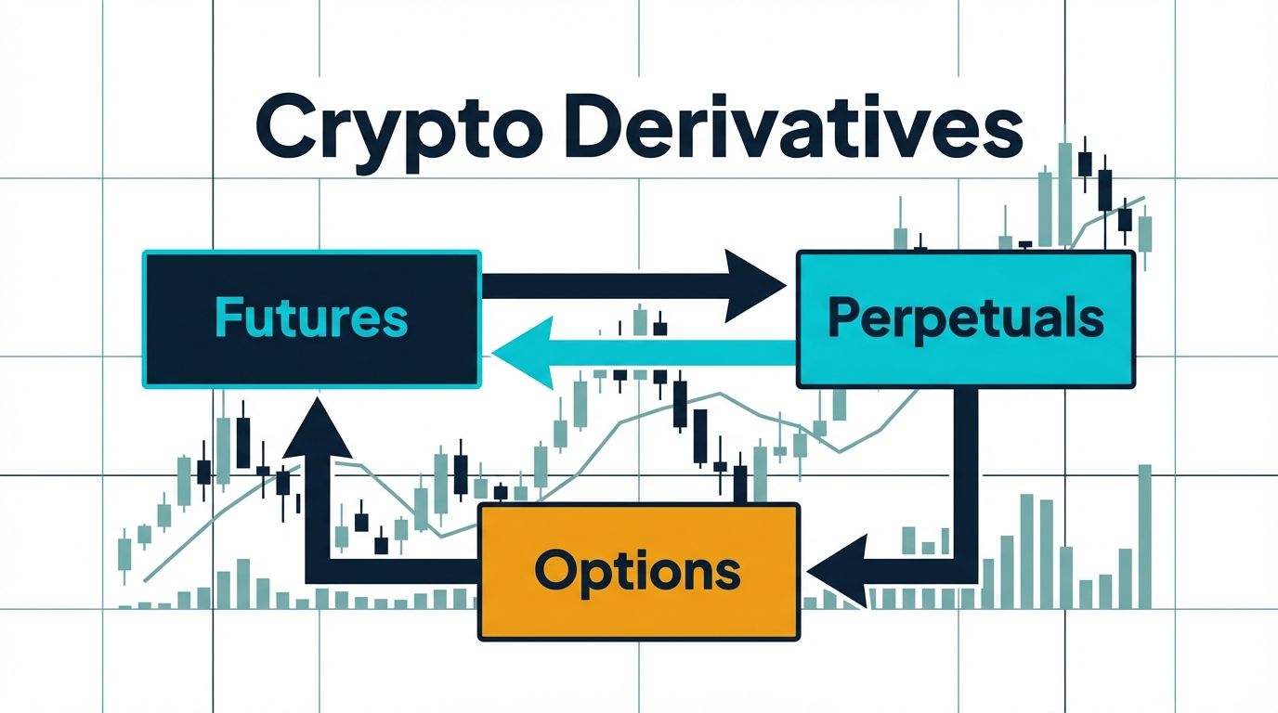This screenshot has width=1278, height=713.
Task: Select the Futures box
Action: click(x=311, y=318)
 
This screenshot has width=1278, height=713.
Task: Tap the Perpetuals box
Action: click(x=965, y=318)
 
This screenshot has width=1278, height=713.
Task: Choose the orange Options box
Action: click(x=638, y=572)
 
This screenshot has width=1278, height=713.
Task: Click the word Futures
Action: click(x=311, y=318)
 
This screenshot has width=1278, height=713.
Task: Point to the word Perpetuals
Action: click(x=966, y=318)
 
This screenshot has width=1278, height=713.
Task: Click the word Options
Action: click(x=638, y=573)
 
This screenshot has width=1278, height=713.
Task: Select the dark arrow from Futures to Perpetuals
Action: click(x=634, y=286)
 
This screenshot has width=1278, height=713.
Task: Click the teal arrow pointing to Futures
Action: click(x=644, y=353)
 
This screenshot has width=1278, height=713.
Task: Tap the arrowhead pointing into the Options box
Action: click(x=839, y=571)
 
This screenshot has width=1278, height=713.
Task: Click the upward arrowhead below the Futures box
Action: click(x=318, y=428)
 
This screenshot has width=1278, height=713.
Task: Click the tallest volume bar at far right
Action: click(x=1145, y=537)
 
